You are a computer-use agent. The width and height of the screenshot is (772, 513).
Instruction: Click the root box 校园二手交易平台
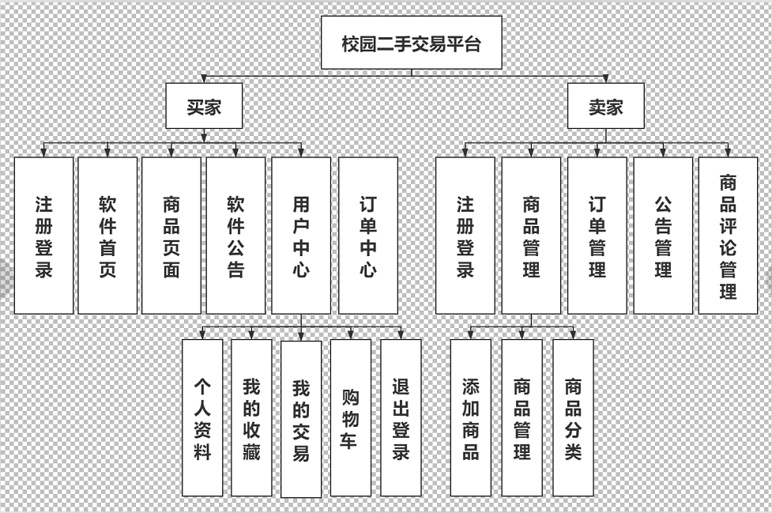pos(411,43)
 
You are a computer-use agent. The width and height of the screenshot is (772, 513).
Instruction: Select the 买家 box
pos(204,106)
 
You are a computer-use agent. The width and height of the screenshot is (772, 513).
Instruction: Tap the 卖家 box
pos(606,106)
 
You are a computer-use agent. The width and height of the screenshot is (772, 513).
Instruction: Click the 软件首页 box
pos(107,236)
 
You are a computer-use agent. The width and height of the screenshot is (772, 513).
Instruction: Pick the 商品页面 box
pos(171,236)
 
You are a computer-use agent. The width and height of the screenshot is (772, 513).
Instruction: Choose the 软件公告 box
pos(235,236)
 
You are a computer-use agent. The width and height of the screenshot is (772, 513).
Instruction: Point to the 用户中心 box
pos(301,236)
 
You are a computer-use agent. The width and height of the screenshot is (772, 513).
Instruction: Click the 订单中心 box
pos(367,236)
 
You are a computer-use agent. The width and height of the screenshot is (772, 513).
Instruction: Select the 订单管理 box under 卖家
pos(597,236)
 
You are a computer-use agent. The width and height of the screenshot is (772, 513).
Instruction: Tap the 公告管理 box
pos(663,236)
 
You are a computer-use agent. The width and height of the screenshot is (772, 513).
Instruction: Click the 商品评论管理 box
pos(728,236)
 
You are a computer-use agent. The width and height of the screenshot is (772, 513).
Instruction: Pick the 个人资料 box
pos(202,418)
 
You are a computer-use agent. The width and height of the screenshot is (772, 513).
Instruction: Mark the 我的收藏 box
pos(251,418)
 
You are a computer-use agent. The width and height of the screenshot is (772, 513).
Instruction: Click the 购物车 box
pos(350,418)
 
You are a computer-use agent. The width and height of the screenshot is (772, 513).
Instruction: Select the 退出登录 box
pos(401,418)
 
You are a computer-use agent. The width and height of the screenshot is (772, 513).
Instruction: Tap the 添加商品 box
pos(470,418)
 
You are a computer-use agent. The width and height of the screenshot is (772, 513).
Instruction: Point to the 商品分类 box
pos(573,418)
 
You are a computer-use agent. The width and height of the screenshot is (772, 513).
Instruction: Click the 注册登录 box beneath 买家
pos(43,236)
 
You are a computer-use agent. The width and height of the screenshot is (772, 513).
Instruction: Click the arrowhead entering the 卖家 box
pos(606,79)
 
